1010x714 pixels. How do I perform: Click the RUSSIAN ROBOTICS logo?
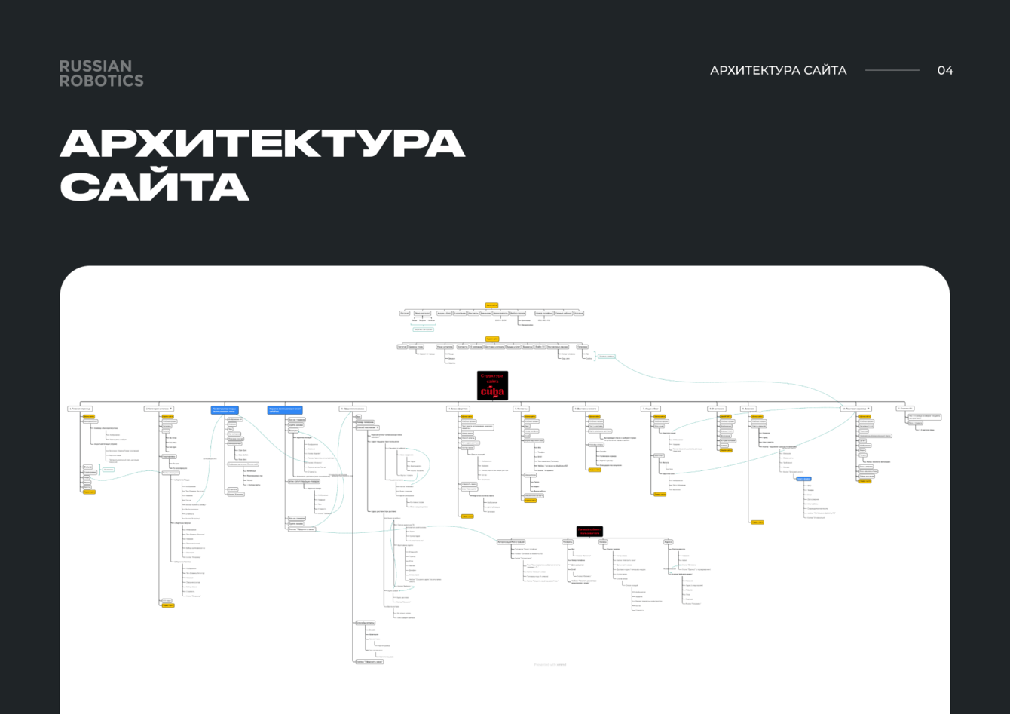[x=101, y=73]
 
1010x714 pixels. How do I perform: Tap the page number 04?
[x=945, y=70]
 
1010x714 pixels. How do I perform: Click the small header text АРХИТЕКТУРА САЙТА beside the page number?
[x=778, y=70]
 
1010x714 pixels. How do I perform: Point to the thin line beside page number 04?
[x=892, y=70]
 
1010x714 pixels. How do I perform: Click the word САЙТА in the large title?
[x=155, y=186]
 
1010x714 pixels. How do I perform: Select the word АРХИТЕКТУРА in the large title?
[x=262, y=143]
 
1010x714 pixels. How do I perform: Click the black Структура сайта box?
[x=493, y=385]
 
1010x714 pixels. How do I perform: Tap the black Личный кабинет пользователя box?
[x=590, y=531]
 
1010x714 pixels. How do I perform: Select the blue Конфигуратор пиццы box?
[x=225, y=410]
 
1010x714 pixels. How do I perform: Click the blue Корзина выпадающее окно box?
[x=285, y=410]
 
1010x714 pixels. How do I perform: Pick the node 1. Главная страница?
[x=80, y=409]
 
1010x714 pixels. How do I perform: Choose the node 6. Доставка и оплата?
[x=586, y=409]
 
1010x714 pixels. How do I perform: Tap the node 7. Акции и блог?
[x=651, y=409]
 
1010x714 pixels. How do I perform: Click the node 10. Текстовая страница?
[x=856, y=409]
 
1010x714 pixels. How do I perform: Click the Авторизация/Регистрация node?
[x=512, y=542]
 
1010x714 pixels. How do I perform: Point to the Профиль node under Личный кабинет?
[x=568, y=542]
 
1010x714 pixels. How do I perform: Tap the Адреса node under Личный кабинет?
[x=669, y=542]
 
